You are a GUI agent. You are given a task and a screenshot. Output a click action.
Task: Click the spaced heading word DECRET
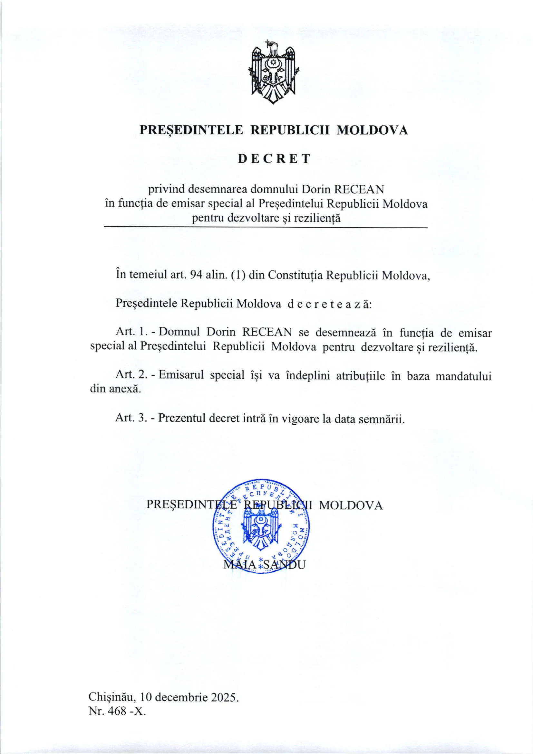(274, 159)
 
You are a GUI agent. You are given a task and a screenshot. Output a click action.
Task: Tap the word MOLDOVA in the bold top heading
(373, 130)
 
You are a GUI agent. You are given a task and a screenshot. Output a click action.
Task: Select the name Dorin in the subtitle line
(316, 190)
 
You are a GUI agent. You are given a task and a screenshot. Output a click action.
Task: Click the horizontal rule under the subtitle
(266, 228)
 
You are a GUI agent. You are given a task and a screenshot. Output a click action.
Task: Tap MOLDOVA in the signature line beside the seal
(351, 505)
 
